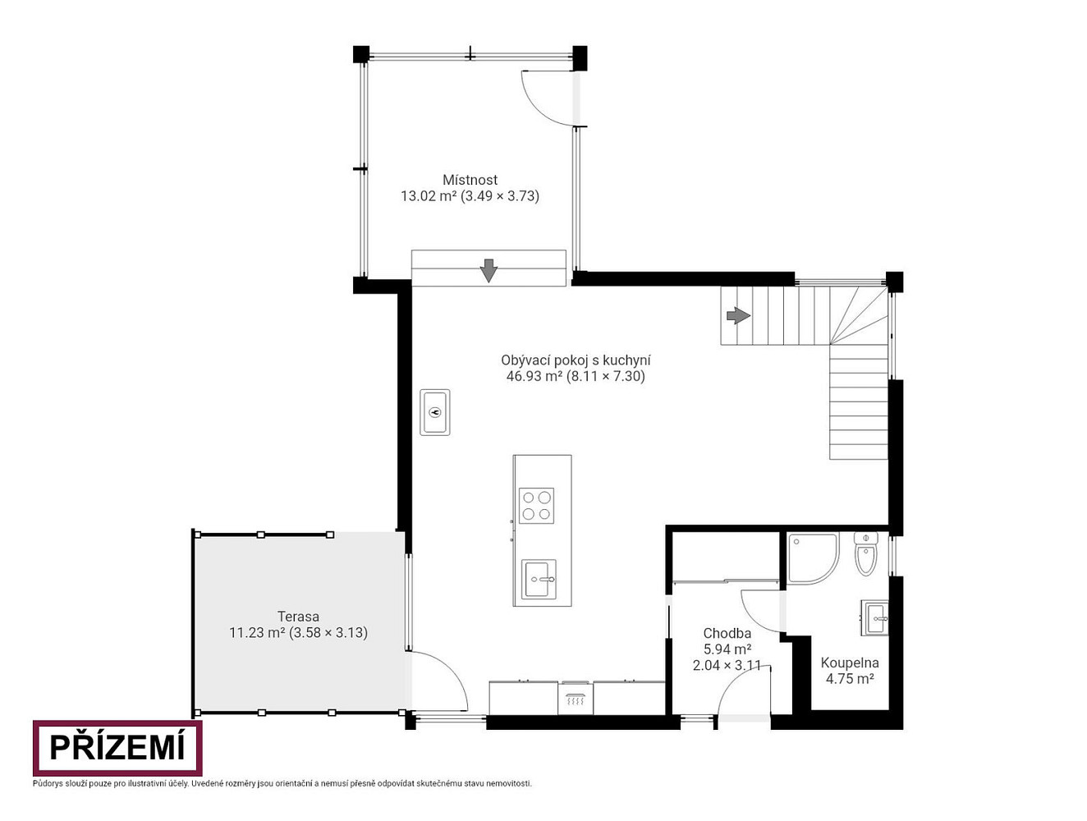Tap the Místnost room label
[x=470, y=179]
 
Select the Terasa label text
[x=298, y=617]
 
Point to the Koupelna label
[x=849, y=663]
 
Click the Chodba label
[x=727, y=633]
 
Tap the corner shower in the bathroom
[x=813, y=558]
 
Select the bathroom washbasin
[x=875, y=618]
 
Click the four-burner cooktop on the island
[x=536, y=506]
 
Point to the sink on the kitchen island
[x=539, y=579]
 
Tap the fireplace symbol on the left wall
[x=435, y=412]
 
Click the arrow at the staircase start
[x=738, y=315]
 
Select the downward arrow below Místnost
[x=488, y=270]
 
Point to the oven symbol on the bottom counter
[x=575, y=698]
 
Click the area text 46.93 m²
[x=534, y=376]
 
